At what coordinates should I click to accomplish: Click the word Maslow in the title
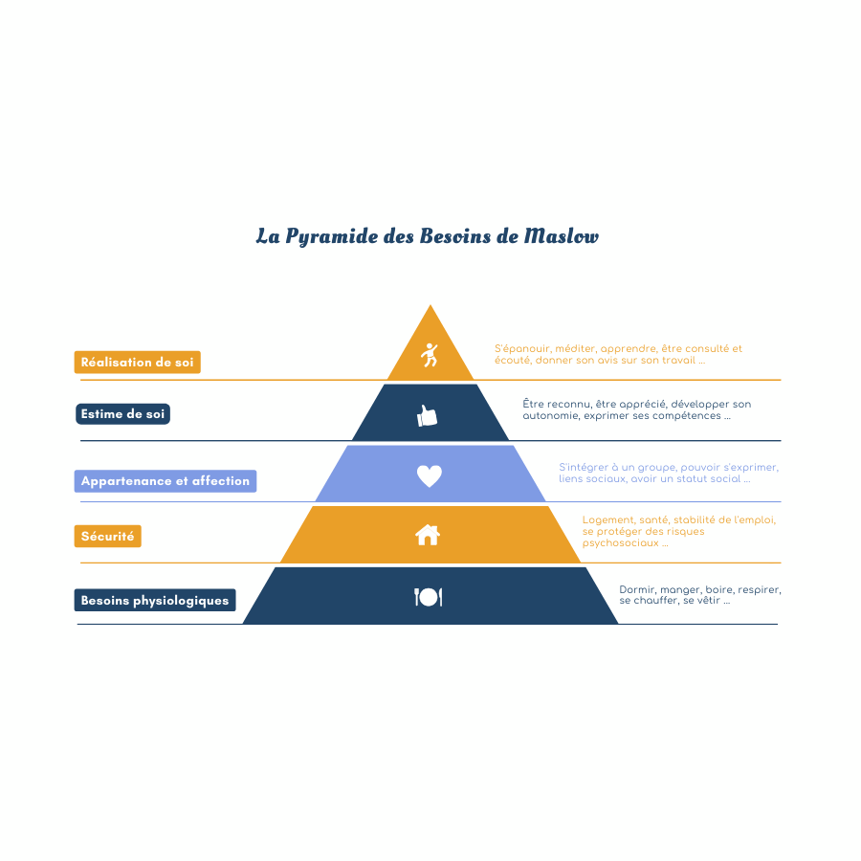pyautogui.click(x=561, y=236)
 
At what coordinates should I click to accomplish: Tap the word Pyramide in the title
pyautogui.click(x=332, y=237)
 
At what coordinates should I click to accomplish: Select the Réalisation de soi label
pyautogui.click(x=137, y=363)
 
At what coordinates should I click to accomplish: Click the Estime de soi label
pyautogui.click(x=123, y=414)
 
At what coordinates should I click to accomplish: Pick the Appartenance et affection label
pyautogui.click(x=166, y=481)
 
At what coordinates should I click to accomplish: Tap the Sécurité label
pyautogui.click(x=107, y=537)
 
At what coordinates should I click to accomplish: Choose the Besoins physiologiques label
pyautogui.click(x=155, y=600)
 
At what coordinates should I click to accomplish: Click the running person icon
pyautogui.click(x=430, y=355)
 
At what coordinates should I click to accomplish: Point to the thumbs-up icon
pyautogui.click(x=427, y=416)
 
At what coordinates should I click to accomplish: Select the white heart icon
pyautogui.click(x=430, y=475)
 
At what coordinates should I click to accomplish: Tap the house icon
pyautogui.click(x=428, y=535)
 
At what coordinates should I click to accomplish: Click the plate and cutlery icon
pyautogui.click(x=429, y=597)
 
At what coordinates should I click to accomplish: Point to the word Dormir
pyautogui.click(x=637, y=589)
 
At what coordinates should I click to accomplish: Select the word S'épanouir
pyautogui.click(x=522, y=348)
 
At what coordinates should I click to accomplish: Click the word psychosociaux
pyautogui.click(x=621, y=543)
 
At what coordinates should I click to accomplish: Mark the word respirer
pyautogui.click(x=760, y=589)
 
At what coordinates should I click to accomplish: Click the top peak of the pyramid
pyautogui.click(x=430, y=305)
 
